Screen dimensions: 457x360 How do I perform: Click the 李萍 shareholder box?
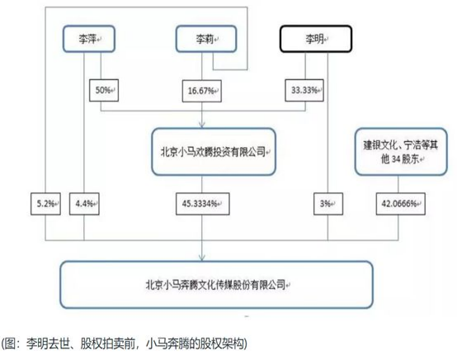(x=89, y=39)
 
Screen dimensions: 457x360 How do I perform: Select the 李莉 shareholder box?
(x=206, y=39)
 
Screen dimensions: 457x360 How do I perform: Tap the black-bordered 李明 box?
(x=316, y=39)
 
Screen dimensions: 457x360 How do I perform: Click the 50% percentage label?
(x=104, y=91)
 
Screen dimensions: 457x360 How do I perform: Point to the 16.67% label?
(x=201, y=91)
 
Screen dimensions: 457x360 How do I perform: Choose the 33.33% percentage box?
(x=304, y=91)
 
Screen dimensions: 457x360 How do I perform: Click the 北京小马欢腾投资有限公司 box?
(x=214, y=152)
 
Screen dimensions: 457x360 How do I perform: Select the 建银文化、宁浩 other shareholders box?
(x=401, y=152)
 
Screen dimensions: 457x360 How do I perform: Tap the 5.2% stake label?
(x=45, y=204)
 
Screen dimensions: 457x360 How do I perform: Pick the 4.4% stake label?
(x=84, y=204)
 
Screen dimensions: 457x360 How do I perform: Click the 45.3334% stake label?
(x=203, y=204)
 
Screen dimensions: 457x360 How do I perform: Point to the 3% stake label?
(x=328, y=204)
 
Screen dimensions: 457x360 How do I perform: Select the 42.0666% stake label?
(x=400, y=204)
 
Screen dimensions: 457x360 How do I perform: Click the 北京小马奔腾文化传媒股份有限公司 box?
(x=216, y=285)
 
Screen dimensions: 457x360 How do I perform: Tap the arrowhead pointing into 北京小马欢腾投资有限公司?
(x=201, y=125)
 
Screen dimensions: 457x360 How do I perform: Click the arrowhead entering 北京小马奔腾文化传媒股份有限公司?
(x=201, y=258)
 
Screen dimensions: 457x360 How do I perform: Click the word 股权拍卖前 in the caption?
(x=107, y=343)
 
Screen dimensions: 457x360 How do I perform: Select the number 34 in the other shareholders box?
(x=395, y=159)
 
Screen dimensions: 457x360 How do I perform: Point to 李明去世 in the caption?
(x=48, y=343)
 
